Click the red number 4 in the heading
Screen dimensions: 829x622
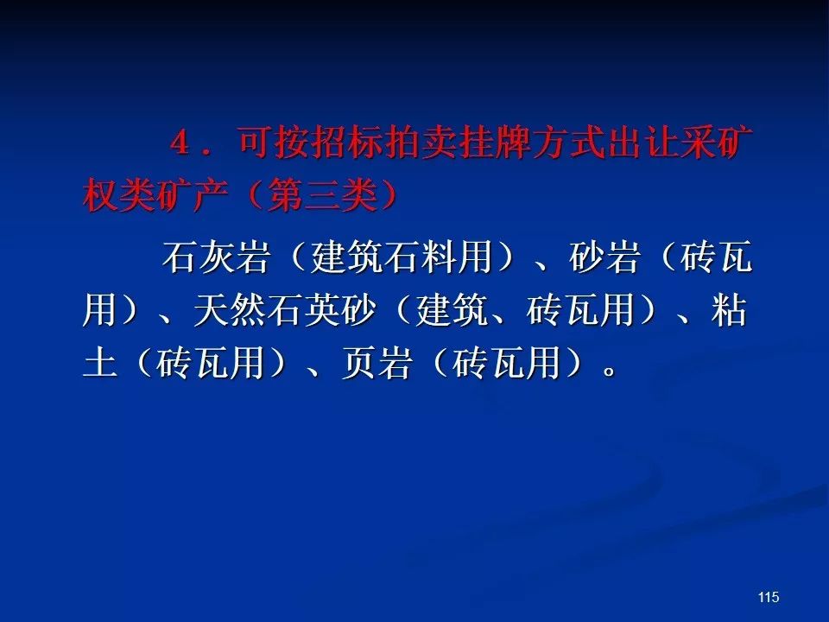coord(180,143)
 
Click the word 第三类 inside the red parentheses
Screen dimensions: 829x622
coord(322,195)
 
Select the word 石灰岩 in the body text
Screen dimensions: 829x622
coord(216,257)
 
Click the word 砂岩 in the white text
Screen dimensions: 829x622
coord(604,257)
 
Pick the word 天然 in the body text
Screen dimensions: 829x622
coord(229,310)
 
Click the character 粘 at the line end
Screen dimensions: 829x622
coord(730,310)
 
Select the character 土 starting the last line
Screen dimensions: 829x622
coord(100,363)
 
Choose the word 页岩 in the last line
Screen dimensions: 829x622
coord(377,363)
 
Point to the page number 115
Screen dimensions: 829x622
coord(769,597)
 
